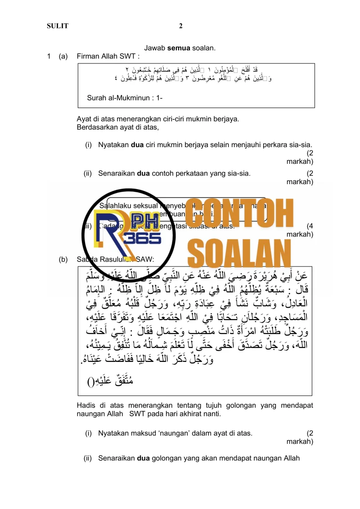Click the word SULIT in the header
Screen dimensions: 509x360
coord(58,26)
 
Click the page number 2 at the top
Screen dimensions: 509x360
coord(180,26)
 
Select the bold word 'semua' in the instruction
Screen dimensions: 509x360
coord(179,48)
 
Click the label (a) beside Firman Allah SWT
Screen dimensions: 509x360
coord(63,57)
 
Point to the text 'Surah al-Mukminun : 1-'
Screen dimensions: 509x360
coord(125,98)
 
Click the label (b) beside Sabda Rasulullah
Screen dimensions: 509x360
coord(63,259)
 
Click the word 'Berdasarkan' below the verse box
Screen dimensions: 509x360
coord(95,127)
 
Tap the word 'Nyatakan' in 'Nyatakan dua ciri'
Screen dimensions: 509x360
coord(113,144)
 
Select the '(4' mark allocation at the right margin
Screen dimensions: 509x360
coord(309,226)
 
